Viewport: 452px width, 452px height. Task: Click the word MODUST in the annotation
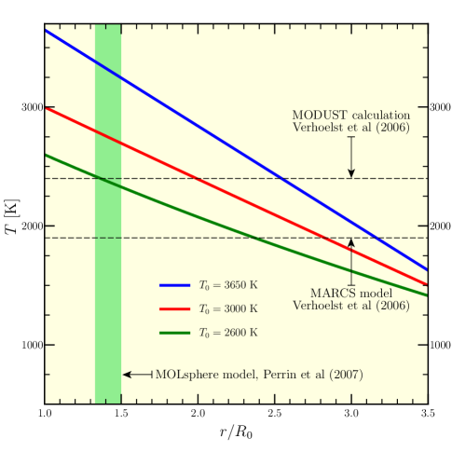coord(316,116)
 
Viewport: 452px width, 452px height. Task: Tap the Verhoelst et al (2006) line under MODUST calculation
coord(350,128)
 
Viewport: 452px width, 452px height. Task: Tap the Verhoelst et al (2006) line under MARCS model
coord(350,306)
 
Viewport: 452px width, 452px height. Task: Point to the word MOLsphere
coord(188,375)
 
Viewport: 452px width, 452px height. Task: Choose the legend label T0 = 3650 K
coord(228,285)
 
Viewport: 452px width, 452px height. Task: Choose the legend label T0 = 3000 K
coord(228,308)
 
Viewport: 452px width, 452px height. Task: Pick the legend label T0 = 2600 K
coord(228,332)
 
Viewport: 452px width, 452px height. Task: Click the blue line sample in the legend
coord(175,285)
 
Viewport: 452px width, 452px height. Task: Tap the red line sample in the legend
coord(175,308)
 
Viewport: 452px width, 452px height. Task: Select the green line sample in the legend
coord(175,332)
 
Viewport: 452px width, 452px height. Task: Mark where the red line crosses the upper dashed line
coord(195,178)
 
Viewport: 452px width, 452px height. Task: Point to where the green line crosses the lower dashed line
coord(254,238)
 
